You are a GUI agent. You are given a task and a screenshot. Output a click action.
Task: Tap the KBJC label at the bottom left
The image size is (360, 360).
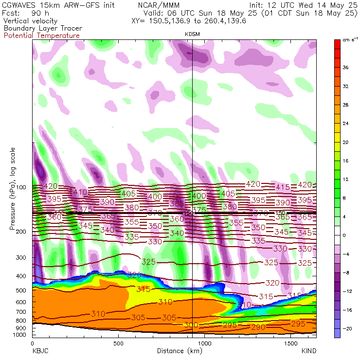40,351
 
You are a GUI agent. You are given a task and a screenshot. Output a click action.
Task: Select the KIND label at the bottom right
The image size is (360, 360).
309,351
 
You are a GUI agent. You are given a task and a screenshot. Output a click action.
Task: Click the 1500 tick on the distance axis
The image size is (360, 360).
290,343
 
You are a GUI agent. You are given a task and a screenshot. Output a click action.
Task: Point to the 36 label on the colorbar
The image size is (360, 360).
346,68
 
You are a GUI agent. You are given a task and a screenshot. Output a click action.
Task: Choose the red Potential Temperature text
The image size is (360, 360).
41,36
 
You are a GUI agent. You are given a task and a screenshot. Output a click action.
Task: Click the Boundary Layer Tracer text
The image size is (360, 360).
42,29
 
